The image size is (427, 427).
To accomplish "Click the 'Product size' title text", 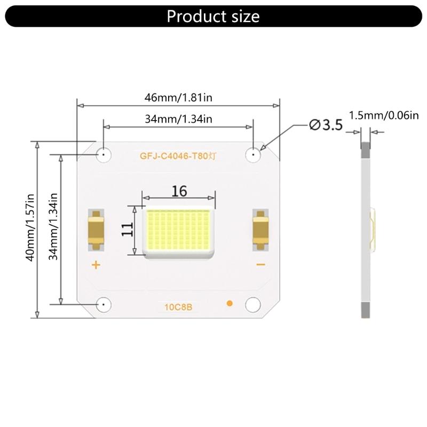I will pos(213,16).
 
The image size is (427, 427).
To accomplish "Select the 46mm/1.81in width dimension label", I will pos(179,98).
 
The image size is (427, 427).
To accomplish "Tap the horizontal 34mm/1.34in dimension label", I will pos(178,119).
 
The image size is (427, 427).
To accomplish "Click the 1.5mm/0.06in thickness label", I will pos(383,115).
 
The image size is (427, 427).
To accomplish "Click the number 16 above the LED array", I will pos(179,191).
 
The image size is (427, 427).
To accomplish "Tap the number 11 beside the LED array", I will pos(127,230).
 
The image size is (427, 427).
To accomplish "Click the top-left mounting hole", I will pos(103,155).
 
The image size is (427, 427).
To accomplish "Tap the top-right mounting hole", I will pos(252,155).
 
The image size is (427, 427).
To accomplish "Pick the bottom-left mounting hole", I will pos(103,304).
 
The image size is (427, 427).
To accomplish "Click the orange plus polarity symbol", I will pos(96,265).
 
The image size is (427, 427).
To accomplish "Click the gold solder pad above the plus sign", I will pos(96,229).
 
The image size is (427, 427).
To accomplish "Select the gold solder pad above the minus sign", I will pos(260,229).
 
